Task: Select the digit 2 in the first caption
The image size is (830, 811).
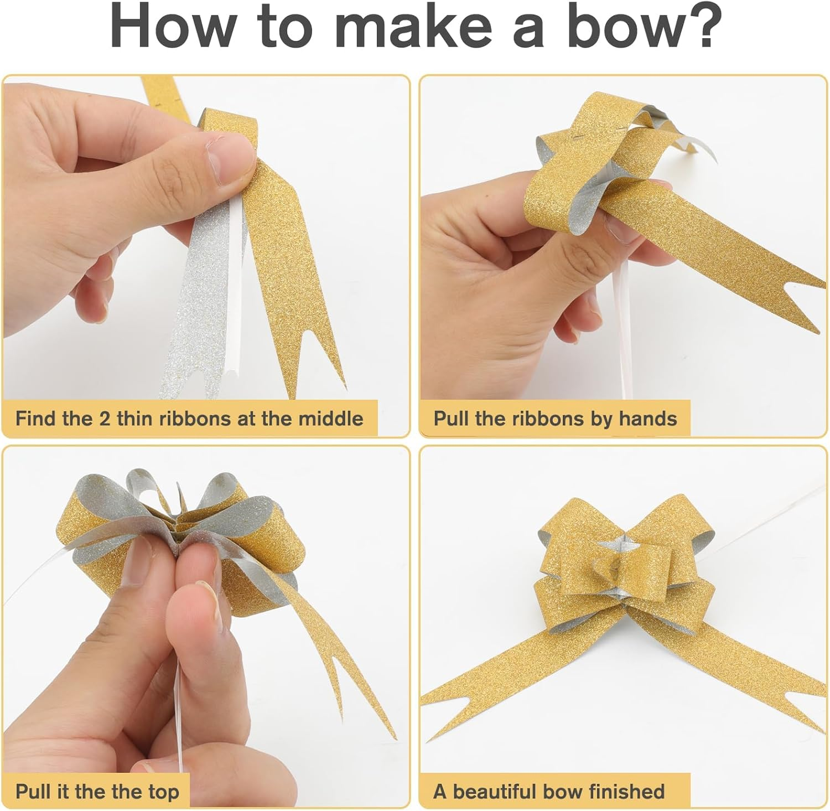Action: [x=105, y=419]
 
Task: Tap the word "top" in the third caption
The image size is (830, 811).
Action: [x=163, y=792]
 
